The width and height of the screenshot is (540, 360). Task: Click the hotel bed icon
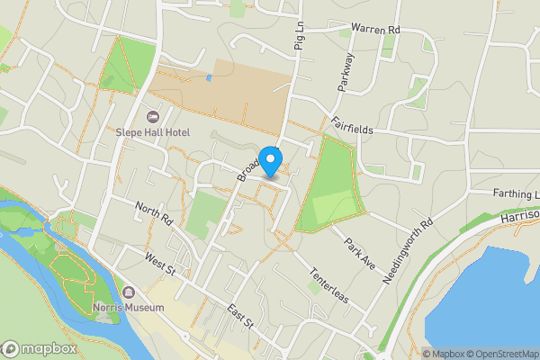coord(152,116)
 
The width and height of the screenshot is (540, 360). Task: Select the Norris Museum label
coord(129,307)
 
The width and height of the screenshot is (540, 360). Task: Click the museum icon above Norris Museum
coord(129,293)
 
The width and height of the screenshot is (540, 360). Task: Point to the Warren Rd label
coord(375,30)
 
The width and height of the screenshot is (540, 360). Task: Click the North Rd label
coord(153,213)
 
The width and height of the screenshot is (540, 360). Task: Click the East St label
coord(240,317)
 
